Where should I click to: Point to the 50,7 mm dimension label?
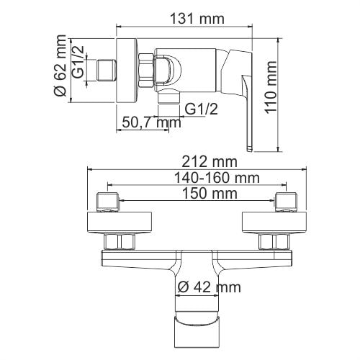pyautogui.click(x=150, y=122)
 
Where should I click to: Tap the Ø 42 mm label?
pyautogui.click(x=209, y=287)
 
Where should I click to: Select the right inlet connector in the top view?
pyautogui.click(x=286, y=201)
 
